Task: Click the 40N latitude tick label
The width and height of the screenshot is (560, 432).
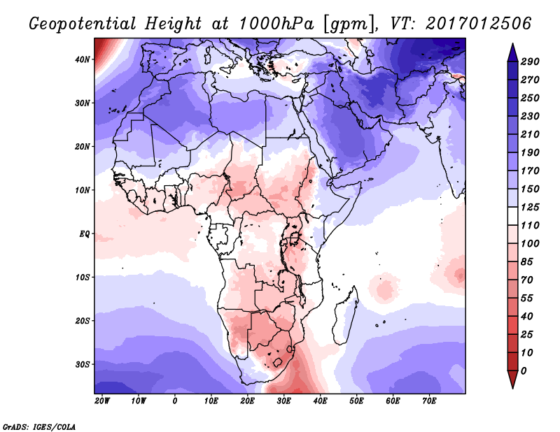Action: [83, 59]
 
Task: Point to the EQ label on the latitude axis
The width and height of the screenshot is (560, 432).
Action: [84, 233]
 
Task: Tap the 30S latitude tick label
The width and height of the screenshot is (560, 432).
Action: [83, 364]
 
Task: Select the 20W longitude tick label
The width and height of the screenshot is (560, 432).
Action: [102, 401]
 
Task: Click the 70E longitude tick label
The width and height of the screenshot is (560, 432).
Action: [429, 401]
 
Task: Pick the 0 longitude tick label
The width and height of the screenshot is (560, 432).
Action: [175, 401]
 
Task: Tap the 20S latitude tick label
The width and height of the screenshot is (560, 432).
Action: [83, 321]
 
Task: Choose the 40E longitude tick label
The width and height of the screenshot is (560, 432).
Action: [321, 401]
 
